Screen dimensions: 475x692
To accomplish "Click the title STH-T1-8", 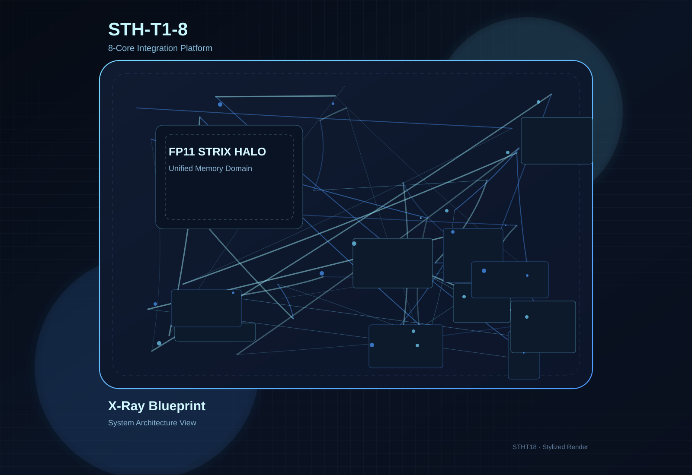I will click(147, 29).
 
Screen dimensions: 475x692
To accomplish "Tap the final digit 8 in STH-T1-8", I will click(183, 29).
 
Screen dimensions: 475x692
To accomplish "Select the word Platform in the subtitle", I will click(196, 48).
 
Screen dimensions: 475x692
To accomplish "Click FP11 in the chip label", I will click(182, 152).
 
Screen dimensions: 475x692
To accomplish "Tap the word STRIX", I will click(215, 152).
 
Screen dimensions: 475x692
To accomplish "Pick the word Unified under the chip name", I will click(181, 168).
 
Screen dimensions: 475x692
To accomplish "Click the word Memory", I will click(209, 168).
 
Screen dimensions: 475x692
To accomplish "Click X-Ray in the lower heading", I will click(126, 406).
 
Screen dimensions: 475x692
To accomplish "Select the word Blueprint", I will click(177, 406).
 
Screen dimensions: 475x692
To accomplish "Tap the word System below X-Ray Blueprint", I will click(121, 423).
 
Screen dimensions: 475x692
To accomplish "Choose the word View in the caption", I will click(188, 423).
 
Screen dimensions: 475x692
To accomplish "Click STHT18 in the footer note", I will click(524, 447).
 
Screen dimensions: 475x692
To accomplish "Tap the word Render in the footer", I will click(578, 447).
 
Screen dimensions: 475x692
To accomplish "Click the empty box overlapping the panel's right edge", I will click(557, 141).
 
